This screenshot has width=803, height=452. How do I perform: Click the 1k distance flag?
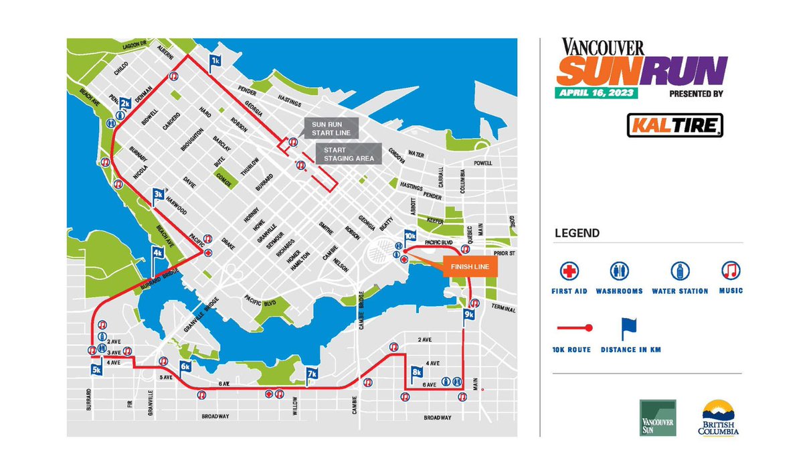coord(215,60)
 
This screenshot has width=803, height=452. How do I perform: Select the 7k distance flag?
coord(312,374)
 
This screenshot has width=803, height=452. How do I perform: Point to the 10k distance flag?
coord(411,236)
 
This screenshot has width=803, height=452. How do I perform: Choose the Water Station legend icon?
coord(680,271)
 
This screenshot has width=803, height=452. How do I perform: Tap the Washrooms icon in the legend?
coord(619,271)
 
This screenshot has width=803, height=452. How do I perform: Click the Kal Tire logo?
coord(675,125)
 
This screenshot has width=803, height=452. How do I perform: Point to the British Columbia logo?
coord(721,419)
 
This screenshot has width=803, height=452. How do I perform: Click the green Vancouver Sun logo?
coord(657,418)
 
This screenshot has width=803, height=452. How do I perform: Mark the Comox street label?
coord(223,177)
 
